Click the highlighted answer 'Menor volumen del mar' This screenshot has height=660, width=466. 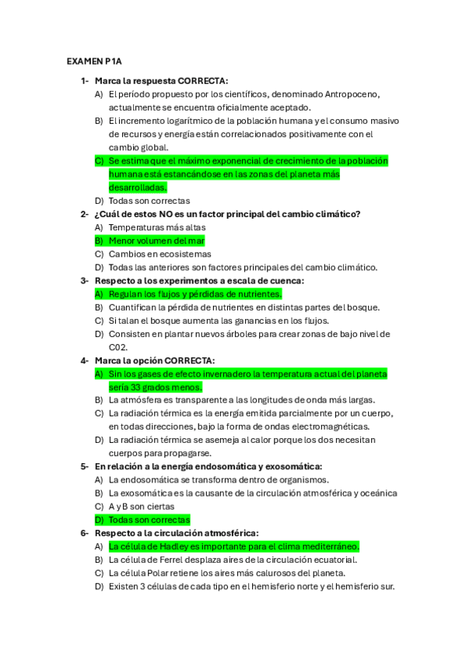pyautogui.click(x=156, y=240)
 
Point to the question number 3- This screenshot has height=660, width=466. pyautogui.click(x=84, y=280)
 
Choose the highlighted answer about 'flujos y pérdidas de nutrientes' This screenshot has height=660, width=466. pyautogui.click(x=194, y=294)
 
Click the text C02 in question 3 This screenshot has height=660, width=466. pyautogui.click(x=118, y=347)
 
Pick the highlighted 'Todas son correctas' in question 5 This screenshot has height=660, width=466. pyautogui.click(x=149, y=519)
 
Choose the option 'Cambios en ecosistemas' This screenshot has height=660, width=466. pyautogui.click(x=159, y=254)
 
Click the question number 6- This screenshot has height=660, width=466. pyautogui.click(x=84, y=533)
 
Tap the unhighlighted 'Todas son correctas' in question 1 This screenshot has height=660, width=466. pyautogui.click(x=149, y=201)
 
